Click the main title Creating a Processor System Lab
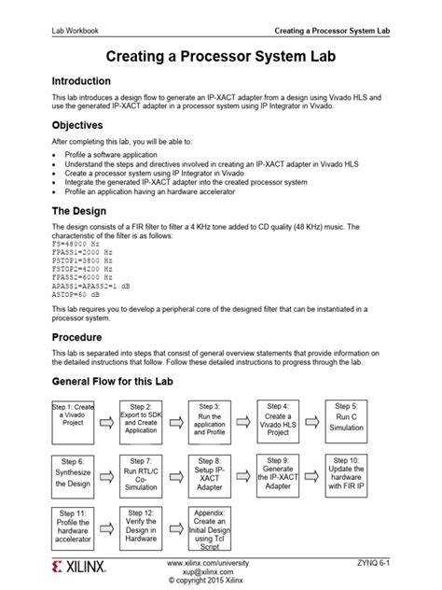tap(220, 56)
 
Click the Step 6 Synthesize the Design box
tap(72, 473)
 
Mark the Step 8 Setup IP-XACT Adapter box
tap(210, 473)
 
